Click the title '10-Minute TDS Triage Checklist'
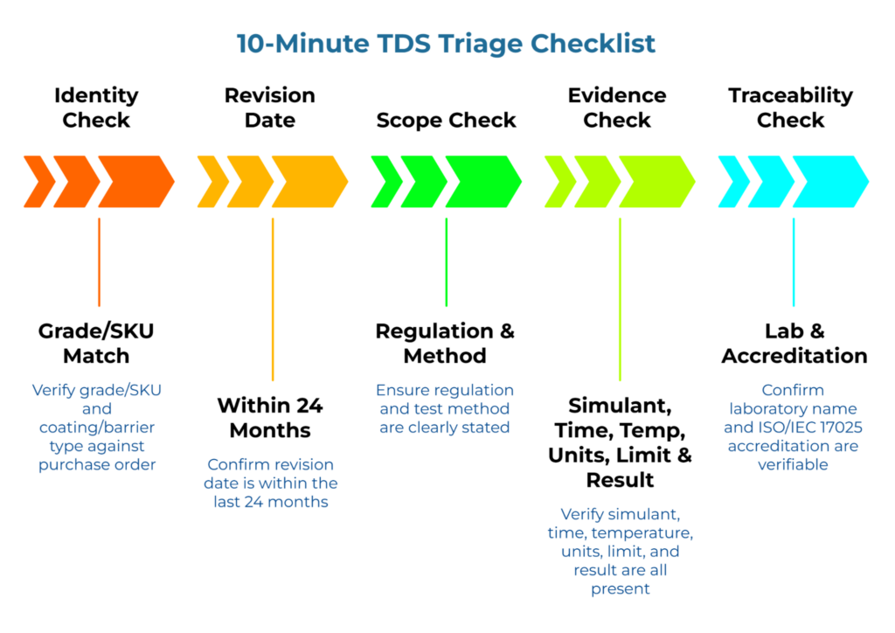447,43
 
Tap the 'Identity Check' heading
96,108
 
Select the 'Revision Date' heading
269,108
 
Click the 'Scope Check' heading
446,121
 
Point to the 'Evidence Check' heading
617,108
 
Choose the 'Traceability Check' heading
790,108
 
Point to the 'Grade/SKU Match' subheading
96,344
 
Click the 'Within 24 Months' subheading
269,418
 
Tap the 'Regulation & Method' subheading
445,344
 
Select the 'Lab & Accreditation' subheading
794,344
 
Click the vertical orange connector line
99,262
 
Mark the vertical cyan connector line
794,262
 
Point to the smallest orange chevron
39,182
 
